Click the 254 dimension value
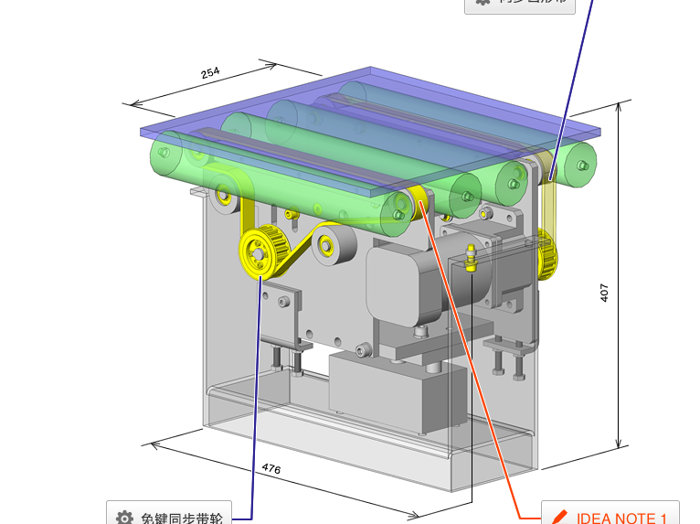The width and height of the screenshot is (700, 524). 210,73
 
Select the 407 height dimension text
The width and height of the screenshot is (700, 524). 604,292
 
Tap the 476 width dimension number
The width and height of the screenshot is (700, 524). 271,468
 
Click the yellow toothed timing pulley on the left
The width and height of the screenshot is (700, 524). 260,250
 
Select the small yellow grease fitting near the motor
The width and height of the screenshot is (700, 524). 471,259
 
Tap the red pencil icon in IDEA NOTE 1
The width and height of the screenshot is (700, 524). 560,518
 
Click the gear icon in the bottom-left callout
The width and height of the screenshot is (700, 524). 125,518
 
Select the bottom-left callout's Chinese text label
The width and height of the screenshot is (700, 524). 182,518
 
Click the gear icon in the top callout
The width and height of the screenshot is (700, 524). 483,3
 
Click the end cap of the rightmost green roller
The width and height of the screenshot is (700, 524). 581,166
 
